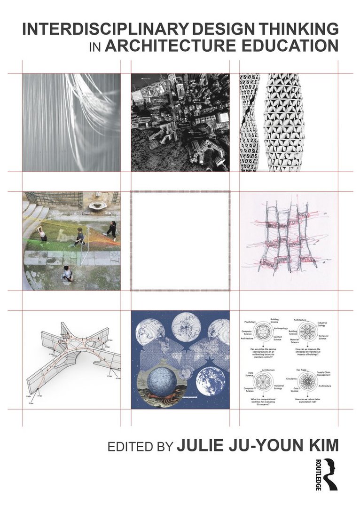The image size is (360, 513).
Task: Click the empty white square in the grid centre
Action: (x=180, y=240)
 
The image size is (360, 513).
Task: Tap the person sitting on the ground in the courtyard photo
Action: (x=68, y=273)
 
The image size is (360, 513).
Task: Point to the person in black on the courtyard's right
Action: (x=111, y=230)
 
